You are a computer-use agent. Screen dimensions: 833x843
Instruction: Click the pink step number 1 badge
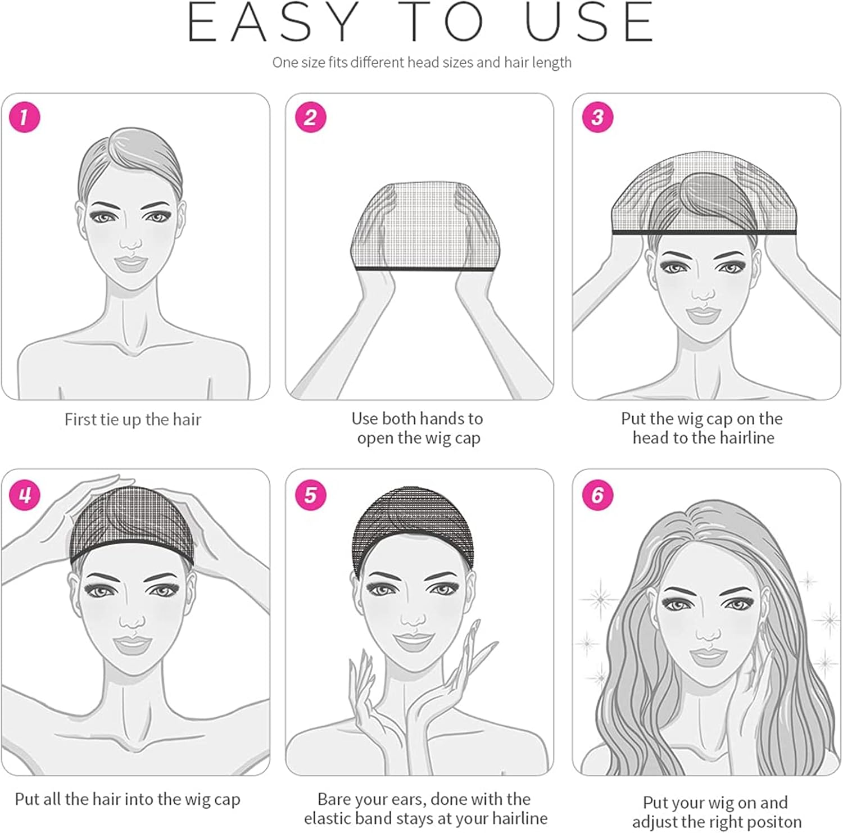(x=25, y=117)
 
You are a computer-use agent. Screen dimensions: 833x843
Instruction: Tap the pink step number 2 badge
(x=310, y=117)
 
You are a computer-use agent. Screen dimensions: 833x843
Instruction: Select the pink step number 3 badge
(x=597, y=117)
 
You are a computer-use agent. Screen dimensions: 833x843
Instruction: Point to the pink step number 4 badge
(x=25, y=495)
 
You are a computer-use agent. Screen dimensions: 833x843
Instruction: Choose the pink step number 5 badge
(x=310, y=495)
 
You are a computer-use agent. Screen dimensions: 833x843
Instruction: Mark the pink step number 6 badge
(x=597, y=495)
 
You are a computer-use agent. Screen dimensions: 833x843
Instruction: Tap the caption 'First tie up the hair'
(x=133, y=420)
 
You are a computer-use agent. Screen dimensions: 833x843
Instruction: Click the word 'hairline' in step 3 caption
(x=746, y=438)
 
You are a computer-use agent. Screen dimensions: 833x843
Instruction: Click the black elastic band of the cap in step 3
(x=704, y=232)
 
